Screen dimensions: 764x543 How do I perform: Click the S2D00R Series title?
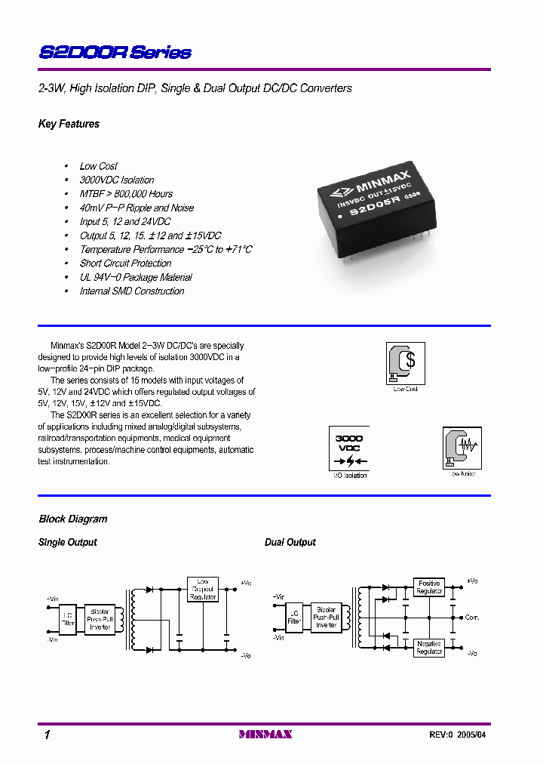click(115, 53)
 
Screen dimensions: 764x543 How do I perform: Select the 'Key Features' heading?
click(69, 124)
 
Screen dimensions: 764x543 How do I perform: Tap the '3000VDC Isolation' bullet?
click(117, 180)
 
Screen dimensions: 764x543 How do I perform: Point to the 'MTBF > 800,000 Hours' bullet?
click(126, 194)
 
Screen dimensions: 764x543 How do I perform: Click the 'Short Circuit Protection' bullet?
click(125, 263)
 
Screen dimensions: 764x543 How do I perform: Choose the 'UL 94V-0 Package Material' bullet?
click(136, 277)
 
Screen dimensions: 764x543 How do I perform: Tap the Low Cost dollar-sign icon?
click(405, 362)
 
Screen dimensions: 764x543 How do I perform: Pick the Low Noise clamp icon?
click(462, 448)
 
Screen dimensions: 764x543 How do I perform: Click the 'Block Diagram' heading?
click(73, 519)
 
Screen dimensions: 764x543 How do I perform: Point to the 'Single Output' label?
click(68, 543)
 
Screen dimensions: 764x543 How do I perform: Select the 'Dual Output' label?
click(290, 543)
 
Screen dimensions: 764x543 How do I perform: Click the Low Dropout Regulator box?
click(203, 589)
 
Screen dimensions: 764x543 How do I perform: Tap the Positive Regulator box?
click(429, 587)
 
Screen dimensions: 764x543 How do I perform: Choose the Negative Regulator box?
click(429, 647)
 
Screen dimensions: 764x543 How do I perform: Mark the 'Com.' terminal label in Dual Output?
click(472, 618)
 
